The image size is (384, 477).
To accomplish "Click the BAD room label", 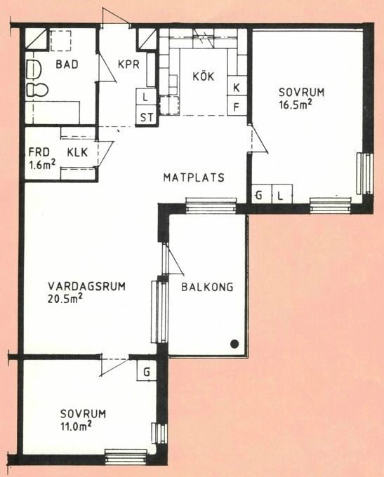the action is pos(67,65).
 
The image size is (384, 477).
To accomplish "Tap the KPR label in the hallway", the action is pos(128,65).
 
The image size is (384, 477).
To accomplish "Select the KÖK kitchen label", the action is pos(204,76).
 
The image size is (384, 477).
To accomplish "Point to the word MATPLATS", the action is pos(194,177).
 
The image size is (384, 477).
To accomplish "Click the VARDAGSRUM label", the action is pos(86,287).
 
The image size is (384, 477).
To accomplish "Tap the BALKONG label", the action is pos(207,287).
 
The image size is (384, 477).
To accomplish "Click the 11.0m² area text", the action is pos(76,426).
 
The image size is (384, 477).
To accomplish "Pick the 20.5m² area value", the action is pos(65,299).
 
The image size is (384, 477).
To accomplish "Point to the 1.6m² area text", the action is pos(42,164).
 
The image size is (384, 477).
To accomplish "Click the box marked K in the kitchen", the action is pos(237,88).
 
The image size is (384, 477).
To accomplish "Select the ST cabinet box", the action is pos(147,116).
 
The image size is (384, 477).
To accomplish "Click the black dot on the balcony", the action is pos(234,344).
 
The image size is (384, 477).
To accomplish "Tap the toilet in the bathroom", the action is pos(37,90).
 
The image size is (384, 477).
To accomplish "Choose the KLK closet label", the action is pos(77,152).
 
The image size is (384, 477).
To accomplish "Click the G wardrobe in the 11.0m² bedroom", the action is pos(147,371).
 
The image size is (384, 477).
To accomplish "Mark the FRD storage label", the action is pos(39,152).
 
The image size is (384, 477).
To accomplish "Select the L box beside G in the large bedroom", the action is pos(282,194).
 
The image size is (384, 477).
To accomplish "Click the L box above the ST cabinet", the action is pos(146,98).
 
